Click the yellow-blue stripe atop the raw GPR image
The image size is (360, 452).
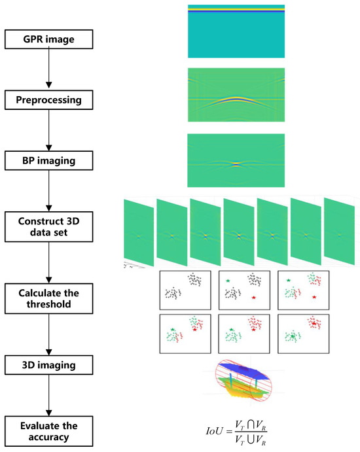point(236,9)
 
